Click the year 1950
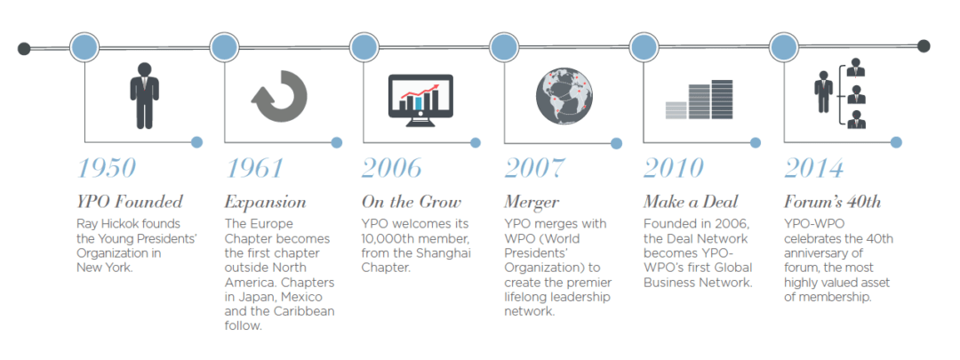coord(107,168)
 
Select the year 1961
coord(254,168)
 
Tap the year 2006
coord(392,168)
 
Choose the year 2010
coord(674,168)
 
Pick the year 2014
coord(813,168)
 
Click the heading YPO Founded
coord(130,202)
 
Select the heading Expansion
coord(265,202)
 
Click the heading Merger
coord(532,202)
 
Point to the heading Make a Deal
coord(691,202)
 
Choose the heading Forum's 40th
coord(832,202)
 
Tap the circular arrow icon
coord(279,95)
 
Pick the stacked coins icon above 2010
coord(701,100)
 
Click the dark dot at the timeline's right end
coord(924,46)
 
